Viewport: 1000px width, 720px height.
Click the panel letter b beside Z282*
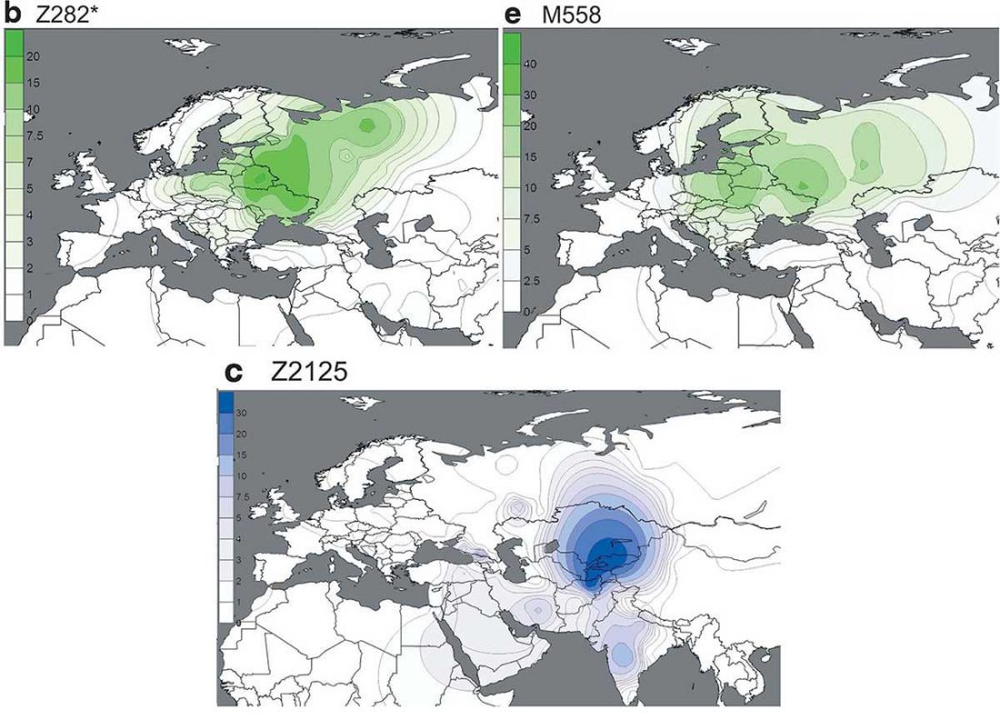point(13,15)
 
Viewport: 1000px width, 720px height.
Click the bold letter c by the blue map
point(231,372)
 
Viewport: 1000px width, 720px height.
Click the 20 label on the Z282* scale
point(35,56)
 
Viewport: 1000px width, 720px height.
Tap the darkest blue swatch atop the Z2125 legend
point(226,401)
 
